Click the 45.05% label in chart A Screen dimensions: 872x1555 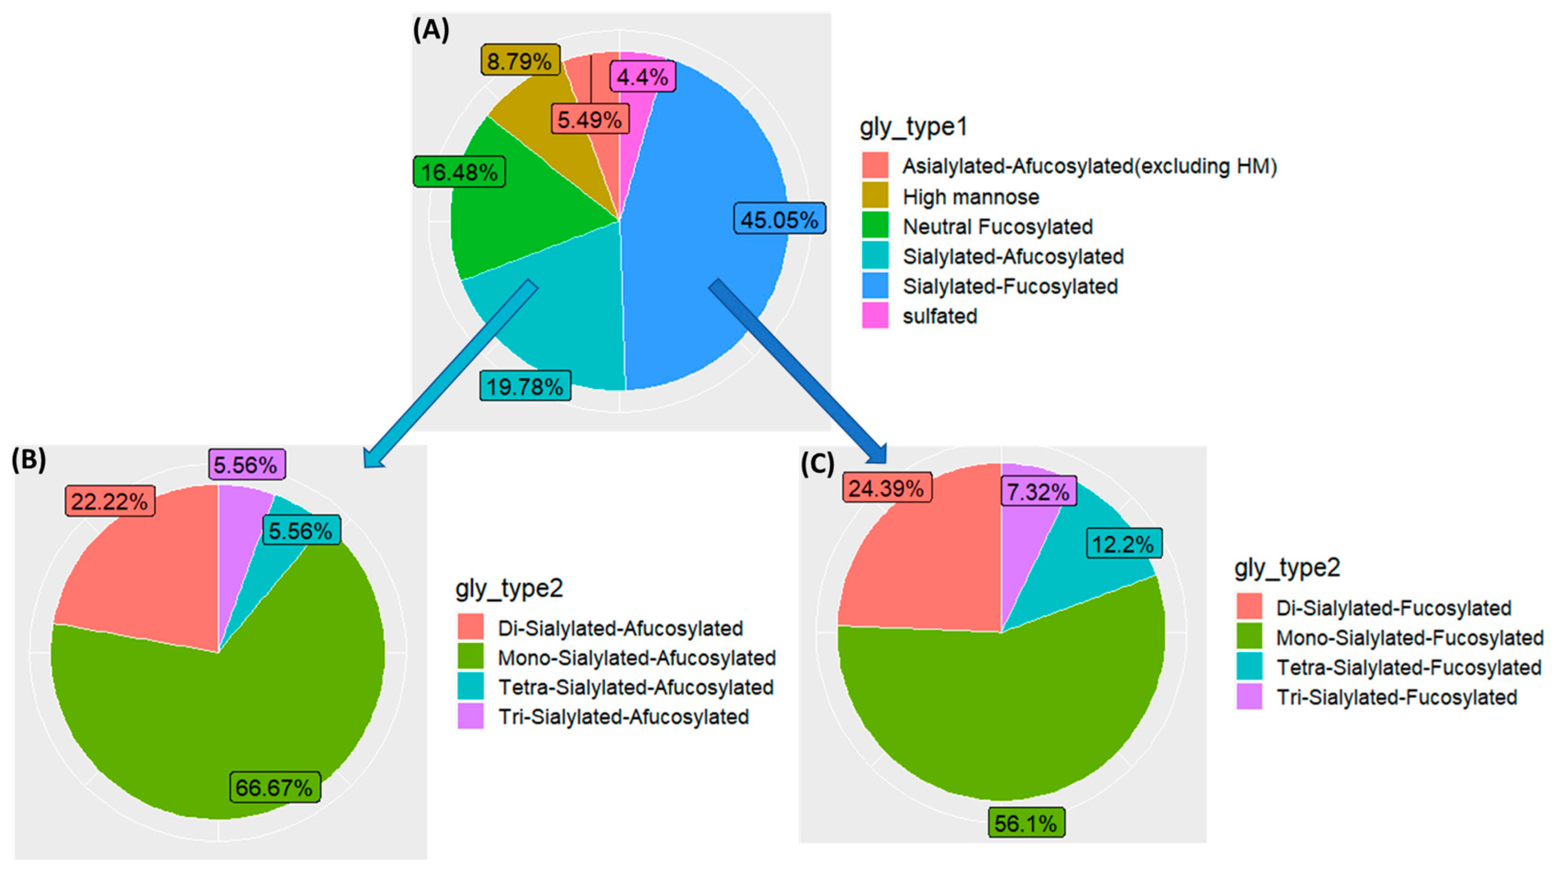(780, 218)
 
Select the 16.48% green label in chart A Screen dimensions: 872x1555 (459, 172)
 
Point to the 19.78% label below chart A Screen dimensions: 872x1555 (525, 386)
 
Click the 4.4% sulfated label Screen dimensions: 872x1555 (642, 77)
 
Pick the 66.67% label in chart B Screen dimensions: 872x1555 (274, 787)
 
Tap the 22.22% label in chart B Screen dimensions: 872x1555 (110, 501)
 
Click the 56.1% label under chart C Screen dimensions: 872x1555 (1026, 823)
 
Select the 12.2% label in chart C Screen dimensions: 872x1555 (1123, 544)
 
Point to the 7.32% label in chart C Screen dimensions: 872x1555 (1038, 491)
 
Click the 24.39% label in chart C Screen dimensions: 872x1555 (886, 488)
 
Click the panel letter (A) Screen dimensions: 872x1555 (431, 30)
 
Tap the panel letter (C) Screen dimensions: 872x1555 (817, 464)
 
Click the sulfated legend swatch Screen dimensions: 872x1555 (874, 315)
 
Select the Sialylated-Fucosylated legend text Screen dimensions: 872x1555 (1010, 286)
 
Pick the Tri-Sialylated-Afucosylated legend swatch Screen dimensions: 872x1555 (470, 716)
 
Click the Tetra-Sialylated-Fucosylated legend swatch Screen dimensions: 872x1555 (1249, 667)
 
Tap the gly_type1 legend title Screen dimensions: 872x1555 (913, 127)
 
